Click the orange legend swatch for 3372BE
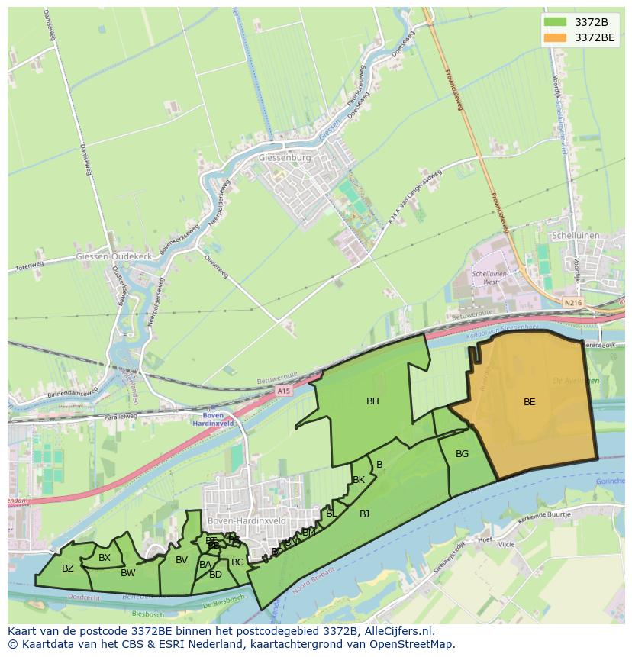point(556,37)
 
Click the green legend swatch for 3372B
point(556,21)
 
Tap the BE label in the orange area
point(529,402)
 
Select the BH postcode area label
point(372,401)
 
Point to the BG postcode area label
point(462,454)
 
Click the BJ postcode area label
point(364,514)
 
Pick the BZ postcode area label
point(68,568)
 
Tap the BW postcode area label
point(127,573)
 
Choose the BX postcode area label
point(105,558)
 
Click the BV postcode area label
point(182,560)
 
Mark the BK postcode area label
point(358,480)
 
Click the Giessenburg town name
point(285,159)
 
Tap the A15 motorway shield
point(284,391)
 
